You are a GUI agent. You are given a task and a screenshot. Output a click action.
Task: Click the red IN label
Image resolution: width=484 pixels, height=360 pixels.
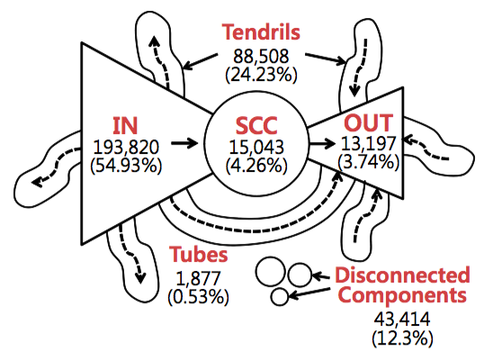[x=125, y=126]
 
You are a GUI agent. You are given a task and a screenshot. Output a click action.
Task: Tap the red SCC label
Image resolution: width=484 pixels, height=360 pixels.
[x=256, y=126]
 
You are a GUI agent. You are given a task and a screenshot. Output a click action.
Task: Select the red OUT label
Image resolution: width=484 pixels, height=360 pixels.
[x=369, y=122]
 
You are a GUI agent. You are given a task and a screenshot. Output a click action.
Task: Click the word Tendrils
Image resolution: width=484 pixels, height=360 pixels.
[x=261, y=31]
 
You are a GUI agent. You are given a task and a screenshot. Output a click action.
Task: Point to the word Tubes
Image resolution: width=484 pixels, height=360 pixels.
[x=198, y=255]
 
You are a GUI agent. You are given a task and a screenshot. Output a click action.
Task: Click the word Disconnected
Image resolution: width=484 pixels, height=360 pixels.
[x=402, y=274]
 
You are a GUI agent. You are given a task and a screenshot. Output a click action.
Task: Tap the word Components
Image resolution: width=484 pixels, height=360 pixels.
[x=402, y=295]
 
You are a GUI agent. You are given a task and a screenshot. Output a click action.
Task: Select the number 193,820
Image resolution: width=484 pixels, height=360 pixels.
[x=126, y=148]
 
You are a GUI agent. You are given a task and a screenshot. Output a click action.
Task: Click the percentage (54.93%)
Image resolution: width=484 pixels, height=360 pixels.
[x=126, y=166]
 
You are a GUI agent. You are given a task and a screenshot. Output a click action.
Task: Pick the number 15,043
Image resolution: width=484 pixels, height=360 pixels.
[x=256, y=147]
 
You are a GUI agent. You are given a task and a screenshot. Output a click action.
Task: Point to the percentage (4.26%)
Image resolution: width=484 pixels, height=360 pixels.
[x=256, y=166]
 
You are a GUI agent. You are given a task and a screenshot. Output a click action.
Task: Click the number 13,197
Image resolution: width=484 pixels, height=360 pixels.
[x=368, y=143]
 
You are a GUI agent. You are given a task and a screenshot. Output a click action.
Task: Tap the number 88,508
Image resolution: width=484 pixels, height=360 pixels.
[x=261, y=56]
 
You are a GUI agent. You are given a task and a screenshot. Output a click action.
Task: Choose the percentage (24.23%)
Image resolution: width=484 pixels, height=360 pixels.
[x=261, y=75]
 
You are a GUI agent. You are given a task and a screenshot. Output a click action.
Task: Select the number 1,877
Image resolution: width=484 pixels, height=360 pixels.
[x=198, y=278]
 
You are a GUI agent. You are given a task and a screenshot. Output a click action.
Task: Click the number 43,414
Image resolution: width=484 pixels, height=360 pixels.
[x=402, y=319]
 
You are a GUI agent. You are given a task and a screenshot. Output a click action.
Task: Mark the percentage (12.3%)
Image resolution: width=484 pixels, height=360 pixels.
[x=402, y=337]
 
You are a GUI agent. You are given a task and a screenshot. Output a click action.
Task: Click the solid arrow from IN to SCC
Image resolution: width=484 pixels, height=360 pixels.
[x=184, y=143]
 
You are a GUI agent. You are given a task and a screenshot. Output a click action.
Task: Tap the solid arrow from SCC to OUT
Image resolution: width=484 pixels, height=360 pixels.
[x=322, y=143]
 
